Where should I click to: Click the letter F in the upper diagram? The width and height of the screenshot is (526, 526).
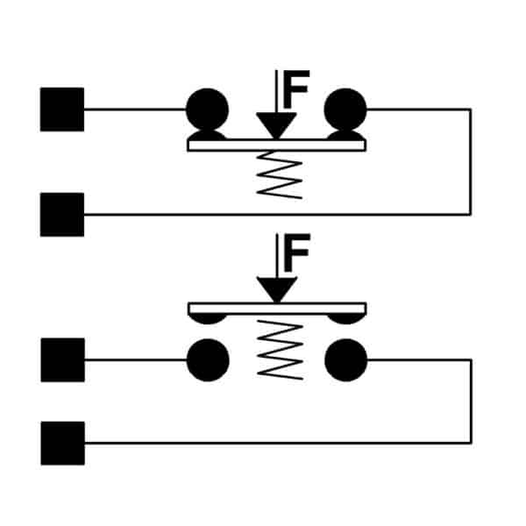296,89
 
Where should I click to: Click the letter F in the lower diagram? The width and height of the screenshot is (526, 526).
297,252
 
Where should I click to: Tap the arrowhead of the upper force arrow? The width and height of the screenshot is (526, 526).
276,125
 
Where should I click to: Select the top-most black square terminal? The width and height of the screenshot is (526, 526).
62,110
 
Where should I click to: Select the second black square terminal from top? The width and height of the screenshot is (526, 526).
62,215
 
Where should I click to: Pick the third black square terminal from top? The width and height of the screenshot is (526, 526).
63,360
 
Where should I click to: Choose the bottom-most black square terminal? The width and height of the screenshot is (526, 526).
63,443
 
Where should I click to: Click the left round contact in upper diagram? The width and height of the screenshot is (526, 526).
207,110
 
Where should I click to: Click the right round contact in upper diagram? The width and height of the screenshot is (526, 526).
345,110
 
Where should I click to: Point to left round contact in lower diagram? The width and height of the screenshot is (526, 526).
208,360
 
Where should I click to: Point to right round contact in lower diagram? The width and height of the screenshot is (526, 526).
346,360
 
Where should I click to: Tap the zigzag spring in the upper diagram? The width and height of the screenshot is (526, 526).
279,174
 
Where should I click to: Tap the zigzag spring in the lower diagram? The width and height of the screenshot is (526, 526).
281,350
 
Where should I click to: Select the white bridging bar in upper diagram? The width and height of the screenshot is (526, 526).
276,146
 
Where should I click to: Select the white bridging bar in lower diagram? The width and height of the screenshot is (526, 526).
277,309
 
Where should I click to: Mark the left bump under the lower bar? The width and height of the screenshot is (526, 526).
208,319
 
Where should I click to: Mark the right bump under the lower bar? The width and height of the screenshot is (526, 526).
346,319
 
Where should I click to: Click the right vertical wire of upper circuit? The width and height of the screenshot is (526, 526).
471,162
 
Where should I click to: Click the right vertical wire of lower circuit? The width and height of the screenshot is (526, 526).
472,402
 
